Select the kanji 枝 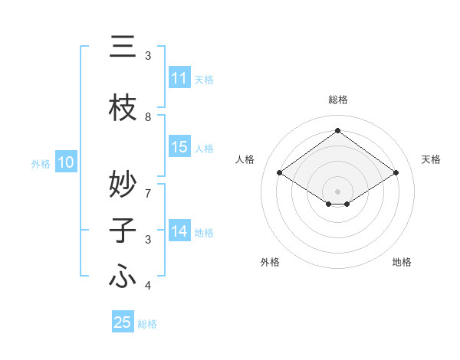coord(123,109)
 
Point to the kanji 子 coord(123,231)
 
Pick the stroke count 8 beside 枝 coord(148,117)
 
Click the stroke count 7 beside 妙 coord(148,186)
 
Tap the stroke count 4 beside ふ coord(148,286)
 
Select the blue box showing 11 coord(179,78)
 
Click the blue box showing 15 coord(179,147)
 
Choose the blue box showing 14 coord(179,231)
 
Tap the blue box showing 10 coord(65,162)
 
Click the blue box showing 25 coord(123,322)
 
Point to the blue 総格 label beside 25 coord(147,324)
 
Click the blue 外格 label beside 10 coord(41,163)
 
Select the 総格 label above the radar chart coord(337,100)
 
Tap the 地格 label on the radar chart coord(402,263)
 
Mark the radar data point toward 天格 coord(396,173)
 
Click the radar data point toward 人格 coord(280,173)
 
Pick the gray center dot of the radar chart coord(337,190)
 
